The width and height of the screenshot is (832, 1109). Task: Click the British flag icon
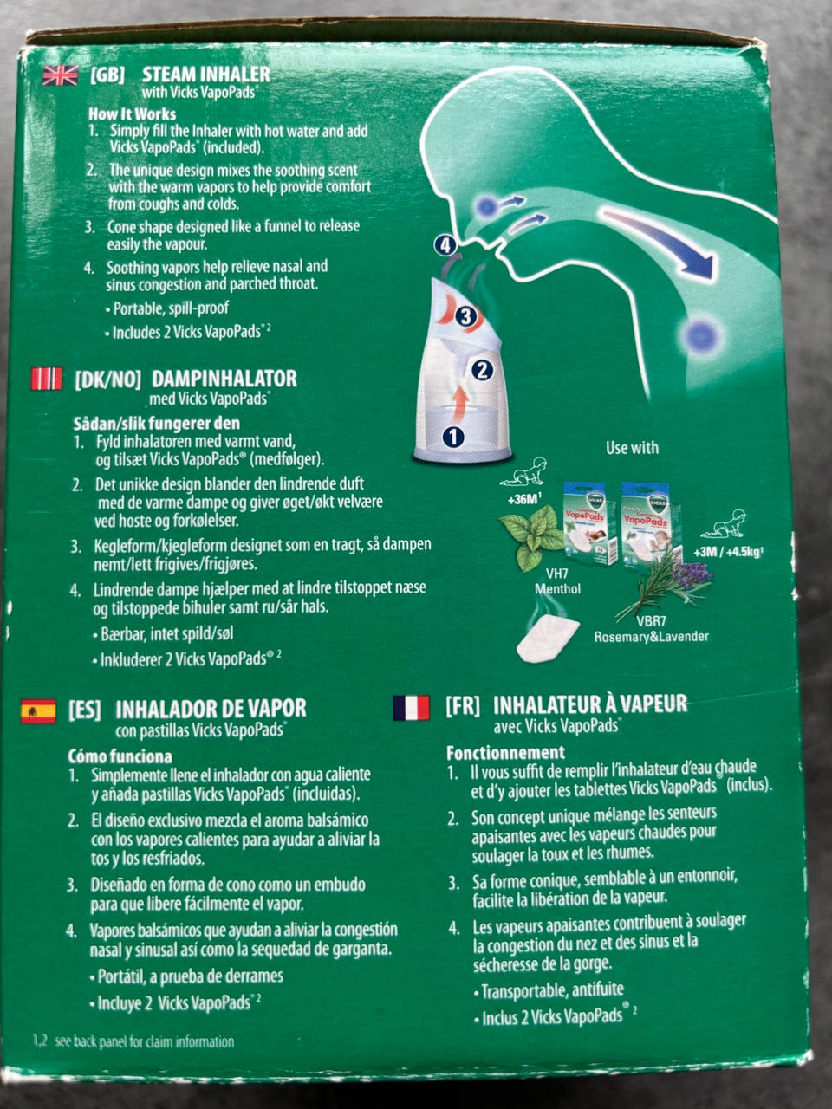(61, 75)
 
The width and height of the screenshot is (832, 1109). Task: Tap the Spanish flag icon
(38, 711)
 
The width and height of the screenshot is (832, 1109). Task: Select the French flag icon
(412, 708)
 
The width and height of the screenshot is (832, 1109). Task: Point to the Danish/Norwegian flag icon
(47, 379)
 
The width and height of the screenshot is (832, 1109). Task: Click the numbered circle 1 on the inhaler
(453, 437)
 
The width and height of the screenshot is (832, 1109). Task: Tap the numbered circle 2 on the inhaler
(483, 370)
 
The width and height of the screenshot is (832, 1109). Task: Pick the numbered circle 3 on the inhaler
(465, 317)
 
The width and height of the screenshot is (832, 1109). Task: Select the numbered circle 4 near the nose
(445, 246)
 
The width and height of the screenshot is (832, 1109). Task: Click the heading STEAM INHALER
(206, 75)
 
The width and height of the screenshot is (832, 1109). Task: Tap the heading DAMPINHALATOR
(224, 379)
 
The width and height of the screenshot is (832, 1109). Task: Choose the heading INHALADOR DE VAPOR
(211, 709)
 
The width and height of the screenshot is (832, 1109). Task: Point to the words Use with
(632, 448)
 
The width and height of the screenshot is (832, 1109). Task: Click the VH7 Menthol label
(557, 581)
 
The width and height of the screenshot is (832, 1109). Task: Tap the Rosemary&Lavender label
(651, 637)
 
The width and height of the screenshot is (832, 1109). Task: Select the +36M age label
(525, 500)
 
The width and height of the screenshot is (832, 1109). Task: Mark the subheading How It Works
(133, 113)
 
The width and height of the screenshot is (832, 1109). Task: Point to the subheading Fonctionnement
(505, 753)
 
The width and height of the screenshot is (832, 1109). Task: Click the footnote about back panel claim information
(133, 1041)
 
